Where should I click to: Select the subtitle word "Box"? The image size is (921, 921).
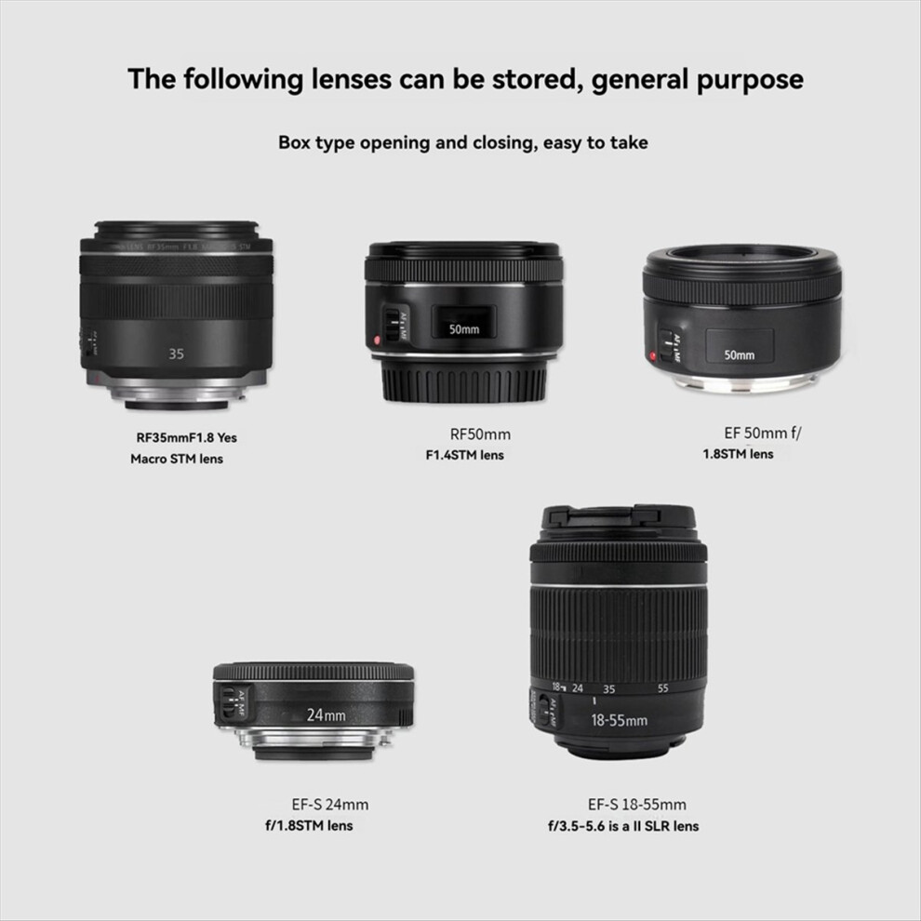(x=297, y=143)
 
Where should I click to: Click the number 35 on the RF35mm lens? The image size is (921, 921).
(x=177, y=354)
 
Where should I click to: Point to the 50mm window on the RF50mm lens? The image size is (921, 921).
(x=463, y=328)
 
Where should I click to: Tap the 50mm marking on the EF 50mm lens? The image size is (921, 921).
(x=740, y=354)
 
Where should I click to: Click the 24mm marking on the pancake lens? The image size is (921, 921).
(x=326, y=715)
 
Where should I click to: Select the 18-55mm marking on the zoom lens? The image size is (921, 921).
(x=619, y=719)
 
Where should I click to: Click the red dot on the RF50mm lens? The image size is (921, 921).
(x=375, y=340)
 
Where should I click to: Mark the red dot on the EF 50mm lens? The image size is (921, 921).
(x=653, y=356)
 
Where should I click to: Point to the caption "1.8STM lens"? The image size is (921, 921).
(x=738, y=454)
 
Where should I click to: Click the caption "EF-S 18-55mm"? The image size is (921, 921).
(x=637, y=805)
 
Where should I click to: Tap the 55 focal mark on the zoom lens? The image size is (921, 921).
(x=663, y=689)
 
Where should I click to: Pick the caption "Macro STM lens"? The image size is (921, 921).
(x=177, y=459)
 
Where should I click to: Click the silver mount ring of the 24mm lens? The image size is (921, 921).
(x=313, y=741)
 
